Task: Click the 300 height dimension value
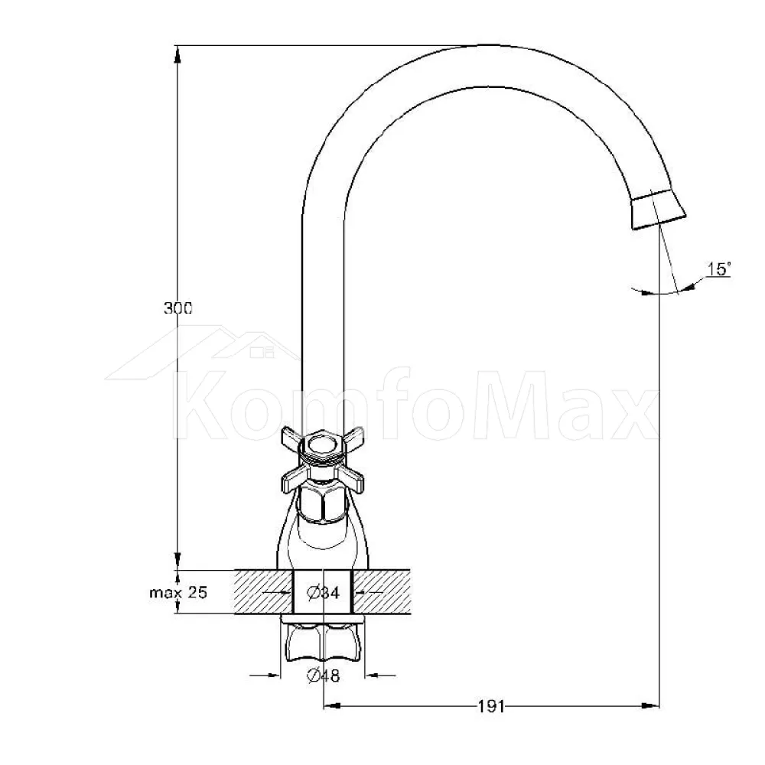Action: (178, 308)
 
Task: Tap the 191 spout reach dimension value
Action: (491, 706)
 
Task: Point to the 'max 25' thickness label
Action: (178, 592)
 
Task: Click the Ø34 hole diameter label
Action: (323, 593)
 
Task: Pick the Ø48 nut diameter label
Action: (323, 675)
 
